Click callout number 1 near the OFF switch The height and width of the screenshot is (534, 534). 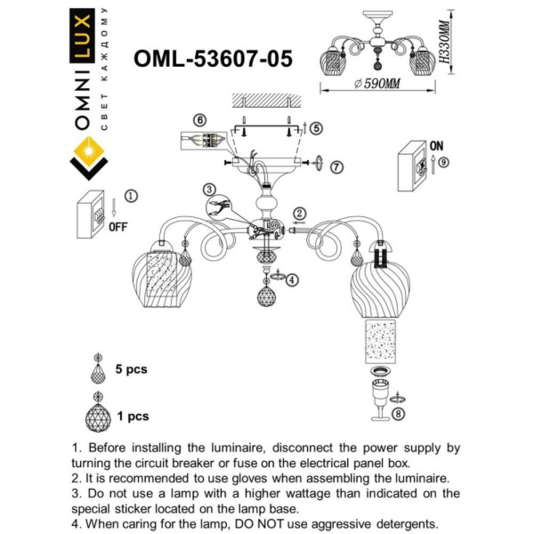point(132,196)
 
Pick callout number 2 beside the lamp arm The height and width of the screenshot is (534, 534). point(300,212)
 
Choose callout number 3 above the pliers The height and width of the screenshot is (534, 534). point(208,189)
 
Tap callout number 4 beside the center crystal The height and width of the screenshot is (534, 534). point(293,279)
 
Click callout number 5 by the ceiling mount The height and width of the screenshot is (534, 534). point(316,127)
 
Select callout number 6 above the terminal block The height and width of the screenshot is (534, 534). point(200,119)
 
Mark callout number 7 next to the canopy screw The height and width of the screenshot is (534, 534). point(336,166)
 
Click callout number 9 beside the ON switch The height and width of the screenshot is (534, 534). point(443,162)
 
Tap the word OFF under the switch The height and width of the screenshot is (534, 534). point(117,227)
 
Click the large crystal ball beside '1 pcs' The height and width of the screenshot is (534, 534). point(97,415)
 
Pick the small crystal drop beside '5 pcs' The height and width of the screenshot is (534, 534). point(97,368)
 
